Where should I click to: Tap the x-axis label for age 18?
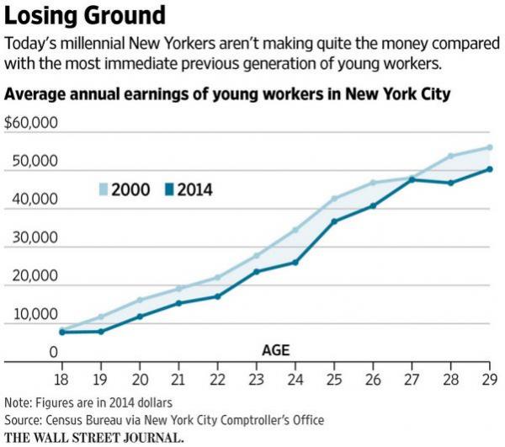point(61,378)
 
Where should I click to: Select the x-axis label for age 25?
point(334,378)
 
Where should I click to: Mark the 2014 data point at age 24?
point(295,262)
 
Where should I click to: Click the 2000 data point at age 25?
point(334,199)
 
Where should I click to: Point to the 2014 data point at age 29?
point(490,169)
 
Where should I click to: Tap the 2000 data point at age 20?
point(140,300)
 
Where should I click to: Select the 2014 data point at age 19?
point(101,331)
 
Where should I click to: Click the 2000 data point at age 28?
point(451,156)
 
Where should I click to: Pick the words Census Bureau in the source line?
point(86,418)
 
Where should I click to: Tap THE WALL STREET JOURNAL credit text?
point(93,437)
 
